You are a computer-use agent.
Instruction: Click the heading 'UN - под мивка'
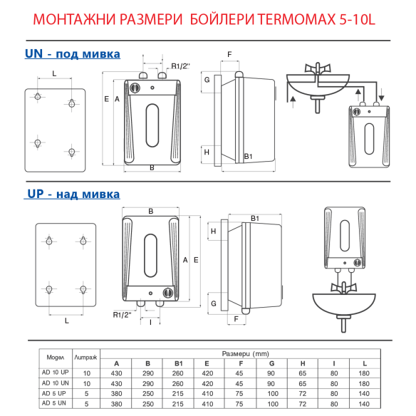click(72, 54)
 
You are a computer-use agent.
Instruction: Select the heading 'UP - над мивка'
click(73, 194)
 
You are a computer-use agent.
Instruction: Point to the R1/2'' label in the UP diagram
click(123, 314)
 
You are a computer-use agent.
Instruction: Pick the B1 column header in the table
click(178, 363)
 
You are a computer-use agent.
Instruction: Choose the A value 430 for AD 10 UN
click(116, 383)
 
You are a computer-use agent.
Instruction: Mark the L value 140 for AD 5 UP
click(365, 393)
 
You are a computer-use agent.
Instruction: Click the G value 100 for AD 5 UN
click(272, 404)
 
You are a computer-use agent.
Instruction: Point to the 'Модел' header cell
click(56, 356)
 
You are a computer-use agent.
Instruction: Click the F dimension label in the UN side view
click(229, 55)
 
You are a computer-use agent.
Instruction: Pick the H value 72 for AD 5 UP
click(303, 393)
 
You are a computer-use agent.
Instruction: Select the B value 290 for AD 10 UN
click(147, 383)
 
